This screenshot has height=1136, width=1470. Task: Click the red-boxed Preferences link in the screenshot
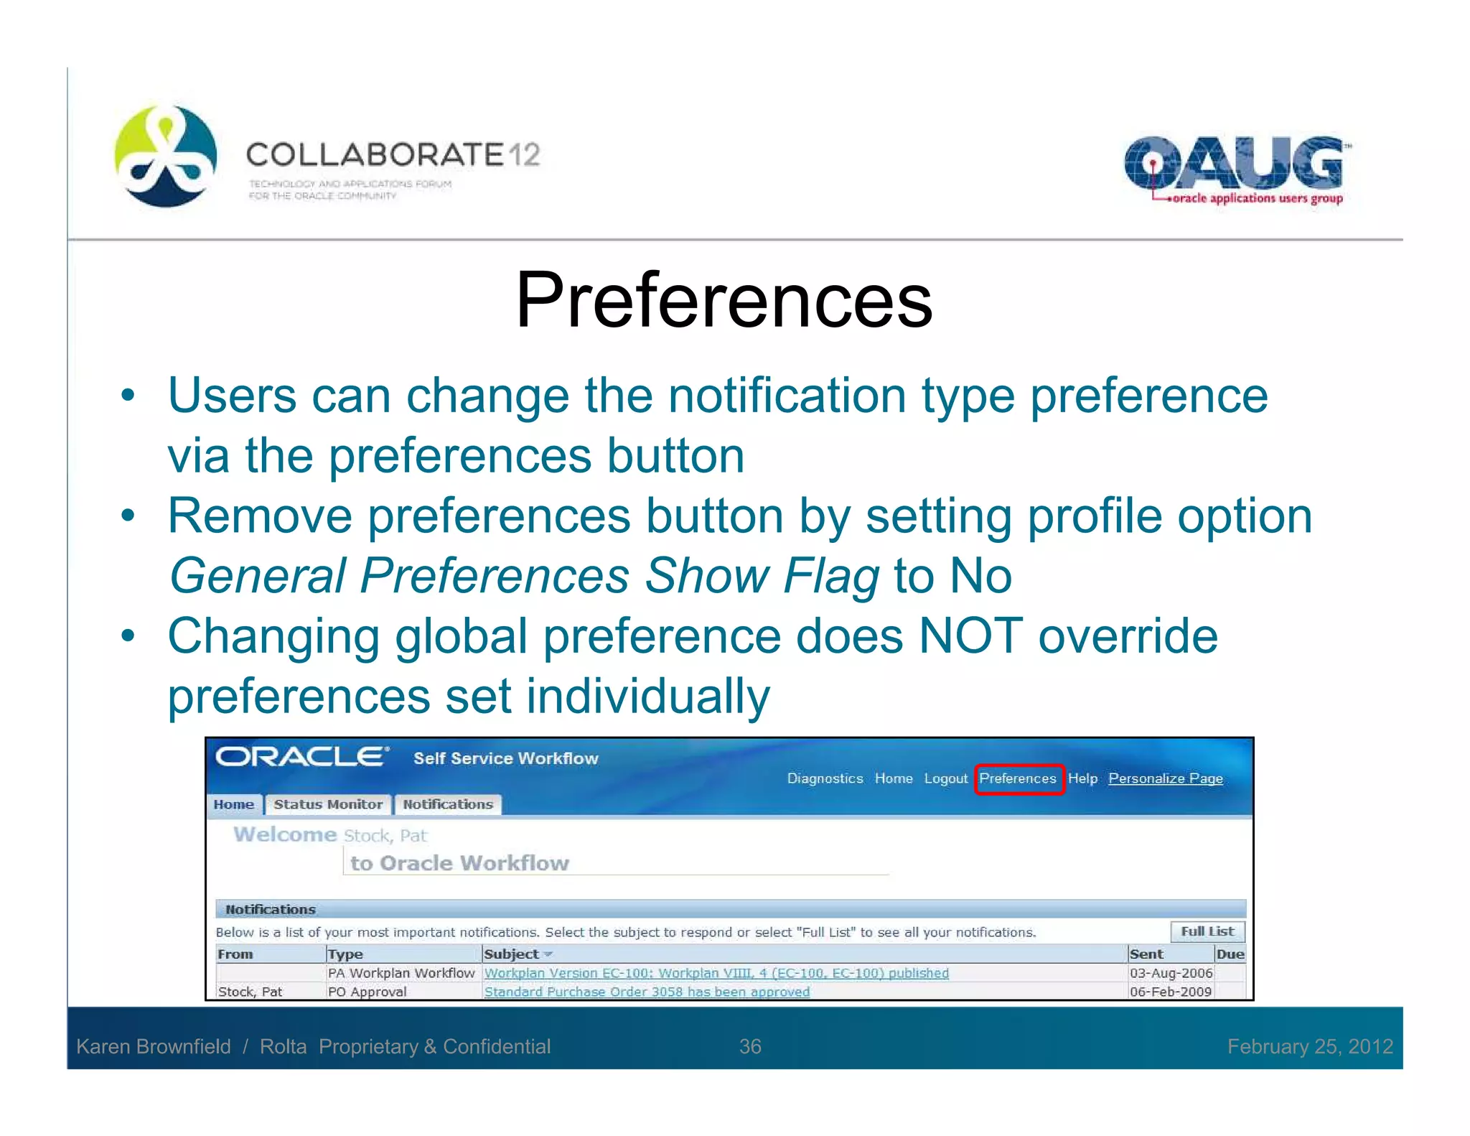click(1018, 778)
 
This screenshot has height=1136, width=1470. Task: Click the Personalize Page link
click(1165, 778)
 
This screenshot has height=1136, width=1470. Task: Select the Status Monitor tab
click(328, 804)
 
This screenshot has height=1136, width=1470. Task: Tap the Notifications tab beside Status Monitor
click(448, 804)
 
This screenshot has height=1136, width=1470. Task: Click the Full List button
click(1207, 931)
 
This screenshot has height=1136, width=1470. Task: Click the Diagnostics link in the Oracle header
click(825, 778)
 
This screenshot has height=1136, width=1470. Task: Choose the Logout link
click(945, 778)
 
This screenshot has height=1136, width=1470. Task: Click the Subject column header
click(511, 954)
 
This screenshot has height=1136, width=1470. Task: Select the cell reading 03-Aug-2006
click(1171, 973)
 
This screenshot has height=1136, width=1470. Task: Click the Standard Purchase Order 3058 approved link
click(647, 992)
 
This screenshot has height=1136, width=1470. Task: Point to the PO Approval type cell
click(367, 992)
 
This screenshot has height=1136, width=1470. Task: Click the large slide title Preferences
click(724, 300)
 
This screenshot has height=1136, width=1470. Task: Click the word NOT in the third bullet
click(970, 636)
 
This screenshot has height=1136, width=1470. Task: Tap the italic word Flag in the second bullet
click(830, 576)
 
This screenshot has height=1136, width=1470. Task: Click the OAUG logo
click(1234, 169)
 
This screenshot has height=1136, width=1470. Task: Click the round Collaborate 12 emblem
click(166, 156)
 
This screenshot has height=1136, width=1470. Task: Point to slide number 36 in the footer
click(750, 1046)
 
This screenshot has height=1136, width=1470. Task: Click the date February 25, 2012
click(1310, 1046)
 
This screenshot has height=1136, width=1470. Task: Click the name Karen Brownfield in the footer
click(154, 1046)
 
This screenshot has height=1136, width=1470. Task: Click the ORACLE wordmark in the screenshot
click(302, 757)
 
